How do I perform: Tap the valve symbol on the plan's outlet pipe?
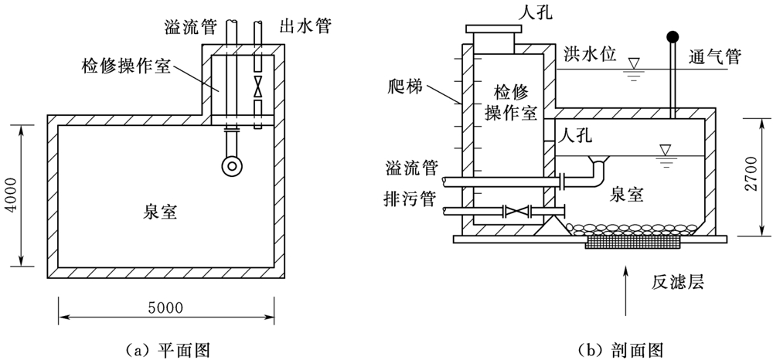(259, 87)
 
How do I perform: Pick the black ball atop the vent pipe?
(673, 36)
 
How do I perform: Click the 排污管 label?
(412, 210)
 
